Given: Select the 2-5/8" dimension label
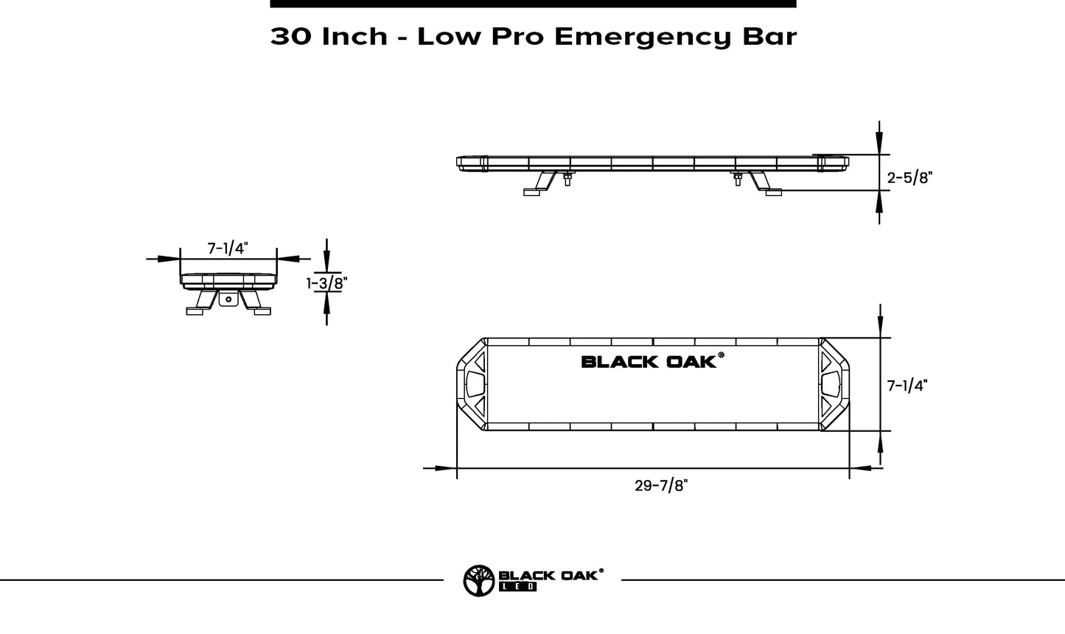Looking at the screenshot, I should tap(909, 178).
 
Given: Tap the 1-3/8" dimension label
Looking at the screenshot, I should tap(327, 282).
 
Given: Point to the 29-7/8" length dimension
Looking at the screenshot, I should tap(660, 485).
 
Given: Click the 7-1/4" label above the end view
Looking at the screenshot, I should tap(228, 248).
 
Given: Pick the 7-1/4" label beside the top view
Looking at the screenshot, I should tap(907, 386).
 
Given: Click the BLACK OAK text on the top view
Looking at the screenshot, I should tap(648, 361).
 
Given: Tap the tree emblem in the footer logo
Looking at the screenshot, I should tap(478, 580).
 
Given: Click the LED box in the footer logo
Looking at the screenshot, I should tap(518, 587).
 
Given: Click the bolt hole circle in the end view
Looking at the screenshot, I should tap(228, 299).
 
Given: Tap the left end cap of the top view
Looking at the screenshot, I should tap(471, 384).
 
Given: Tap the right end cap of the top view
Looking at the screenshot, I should tap(835, 384).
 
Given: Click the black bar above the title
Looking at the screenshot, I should tap(533, 4).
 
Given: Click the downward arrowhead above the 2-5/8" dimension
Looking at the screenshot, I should tap(879, 143).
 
